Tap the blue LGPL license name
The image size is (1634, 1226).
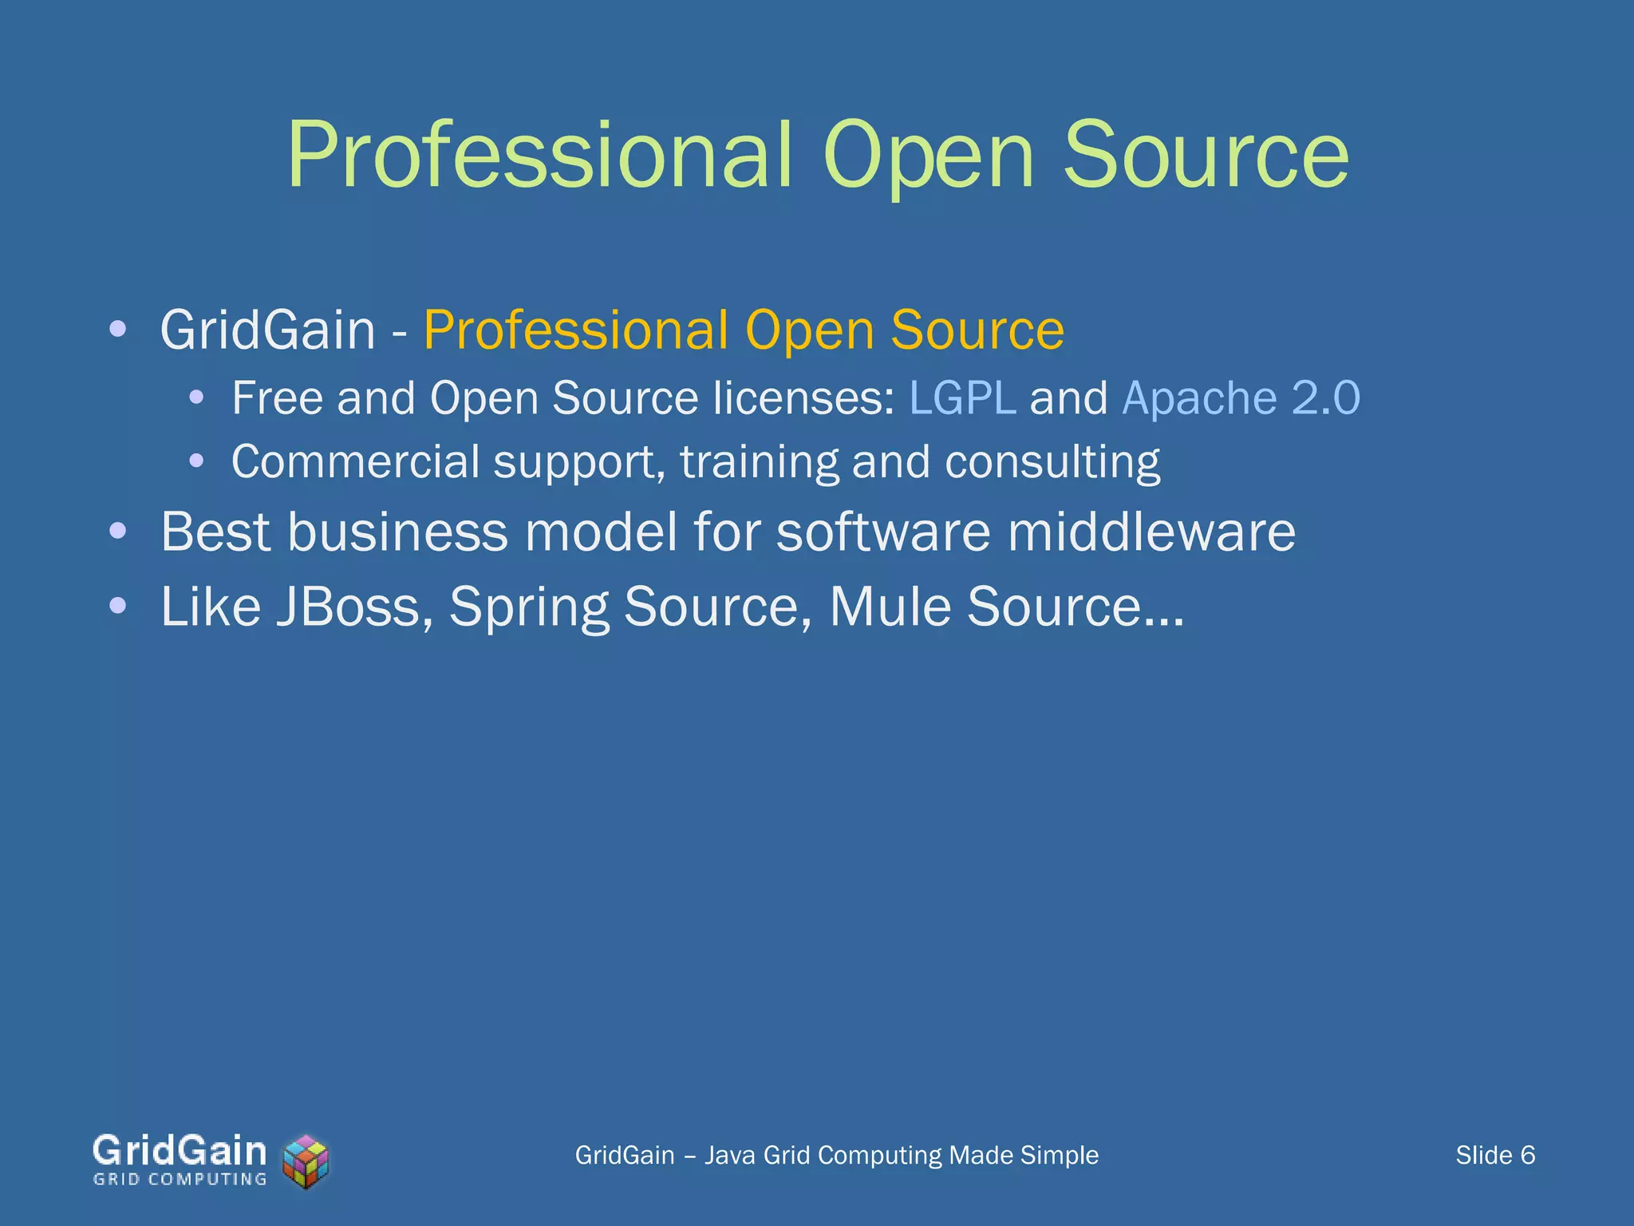point(962,397)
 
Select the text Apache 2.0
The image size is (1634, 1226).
point(1241,397)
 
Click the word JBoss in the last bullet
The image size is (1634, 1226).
point(348,607)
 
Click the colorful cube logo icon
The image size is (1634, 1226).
point(306,1161)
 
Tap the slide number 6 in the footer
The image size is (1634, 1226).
point(1527,1155)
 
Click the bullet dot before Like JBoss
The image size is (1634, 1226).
point(118,605)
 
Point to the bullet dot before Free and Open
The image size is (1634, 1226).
point(197,397)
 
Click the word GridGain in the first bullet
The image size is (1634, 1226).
point(267,330)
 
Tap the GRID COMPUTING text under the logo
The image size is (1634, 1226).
point(180,1180)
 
